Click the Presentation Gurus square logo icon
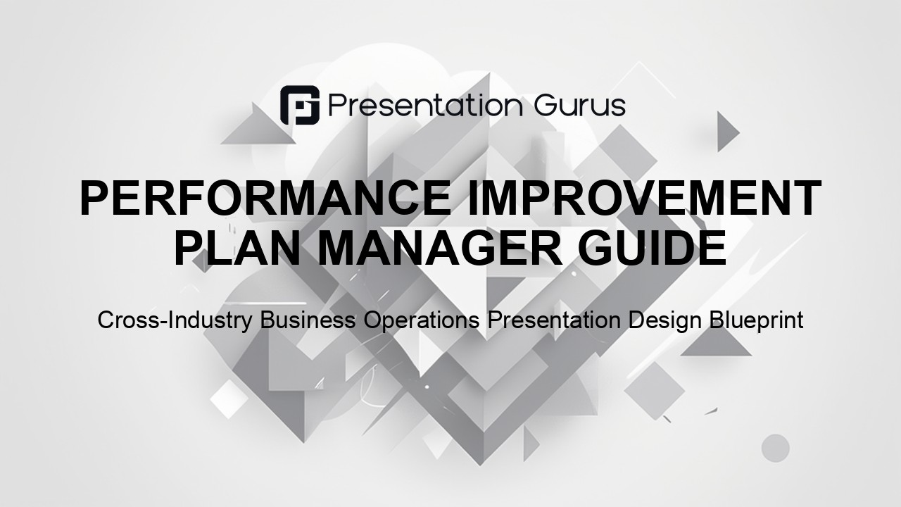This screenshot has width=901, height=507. pos(300,105)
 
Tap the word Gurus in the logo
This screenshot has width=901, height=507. pos(580,106)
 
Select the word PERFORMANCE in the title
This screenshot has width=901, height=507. pos(266,199)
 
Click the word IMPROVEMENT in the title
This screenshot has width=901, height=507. pos(644,199)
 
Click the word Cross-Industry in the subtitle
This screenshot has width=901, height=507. pos(175,320)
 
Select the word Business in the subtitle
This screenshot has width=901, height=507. pos(308,320)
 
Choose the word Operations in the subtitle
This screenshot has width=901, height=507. pos(422,320)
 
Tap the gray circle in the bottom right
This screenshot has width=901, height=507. pos(776,449)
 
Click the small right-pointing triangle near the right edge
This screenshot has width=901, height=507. pos(727,132)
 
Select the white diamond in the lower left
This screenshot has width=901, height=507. pos(229,399)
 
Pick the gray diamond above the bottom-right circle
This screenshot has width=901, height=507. pos(655,391)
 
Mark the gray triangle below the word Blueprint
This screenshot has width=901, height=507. pos(716,345)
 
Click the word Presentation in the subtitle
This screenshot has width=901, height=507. pos(554,320)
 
